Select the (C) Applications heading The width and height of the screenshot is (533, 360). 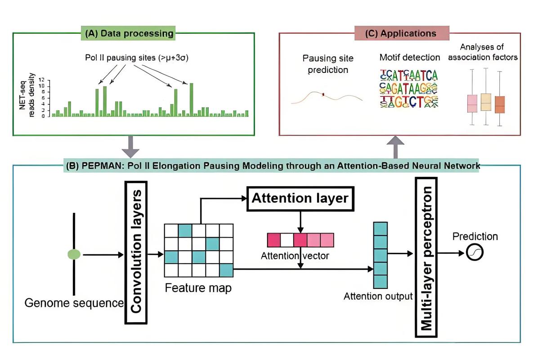pyautogui.click(x=402, y=34)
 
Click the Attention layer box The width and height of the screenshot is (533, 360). pyautogui.click(x=300, y=198)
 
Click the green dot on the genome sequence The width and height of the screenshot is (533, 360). pyautogui.click(x=74, y=255)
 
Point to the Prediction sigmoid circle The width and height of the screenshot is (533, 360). pyautogui.click(x=475, y=253)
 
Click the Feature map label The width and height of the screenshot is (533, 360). pyautogui.click(x=198, y=288)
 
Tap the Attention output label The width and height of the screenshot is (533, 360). pyautogui.click(x=378, y=297)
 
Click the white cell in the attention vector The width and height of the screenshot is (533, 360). pyautogui.click(x=287, y=240)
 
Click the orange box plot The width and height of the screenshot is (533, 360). pyautogui.click(x=500, y=104)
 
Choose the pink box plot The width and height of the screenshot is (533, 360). pyautogui.click(x=472, y=103)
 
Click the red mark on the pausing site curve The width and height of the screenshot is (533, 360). pyautogui.click(x=323, y=94)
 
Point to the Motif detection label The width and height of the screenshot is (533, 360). pyautogui.click(x=409, y=57)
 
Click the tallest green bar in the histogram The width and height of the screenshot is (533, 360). pyautogui.click(x=191, y=99)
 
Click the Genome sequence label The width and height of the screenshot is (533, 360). pyautogui.click(x=74, y=303)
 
